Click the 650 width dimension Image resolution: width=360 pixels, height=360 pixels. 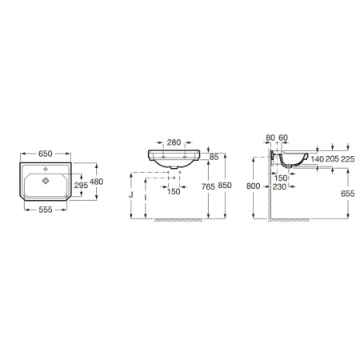click(46, 154)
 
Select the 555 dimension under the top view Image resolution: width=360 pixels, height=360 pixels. click(46, 210)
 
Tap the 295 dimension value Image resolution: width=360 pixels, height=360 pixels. click(81, 185)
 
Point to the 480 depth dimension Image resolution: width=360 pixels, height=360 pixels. click(96, 182)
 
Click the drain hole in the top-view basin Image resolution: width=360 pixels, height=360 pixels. click(46, 181)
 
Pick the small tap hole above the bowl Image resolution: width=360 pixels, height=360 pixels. click(46, 169)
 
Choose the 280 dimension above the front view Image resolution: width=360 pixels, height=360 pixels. click(174, 142)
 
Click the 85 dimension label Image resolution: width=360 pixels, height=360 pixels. click(214, 157)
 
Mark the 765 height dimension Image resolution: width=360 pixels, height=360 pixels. click(208, 186)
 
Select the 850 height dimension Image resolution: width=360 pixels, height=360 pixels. click(225, 185)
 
